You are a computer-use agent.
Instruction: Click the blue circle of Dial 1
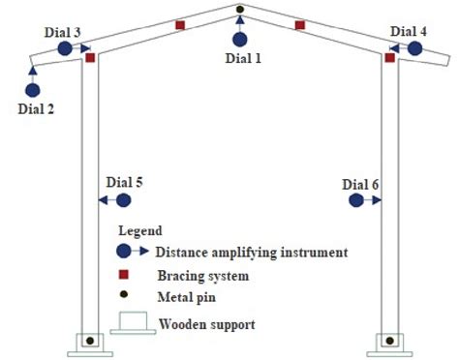[x=240, y=40]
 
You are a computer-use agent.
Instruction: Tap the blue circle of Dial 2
[x=33, y=88]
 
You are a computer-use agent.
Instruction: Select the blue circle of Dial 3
[x=65, y=47]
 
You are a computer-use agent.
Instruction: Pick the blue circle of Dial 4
[x=415, y=47]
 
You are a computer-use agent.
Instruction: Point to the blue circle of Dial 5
[x=123, y=200]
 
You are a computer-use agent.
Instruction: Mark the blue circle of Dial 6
[x=356, y=200]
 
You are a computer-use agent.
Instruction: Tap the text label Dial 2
[x=36, y=108]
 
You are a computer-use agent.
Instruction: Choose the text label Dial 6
[x=360, y=182]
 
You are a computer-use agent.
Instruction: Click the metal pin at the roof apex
[x=240, y=11]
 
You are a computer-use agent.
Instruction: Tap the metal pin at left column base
[x=89, y=341]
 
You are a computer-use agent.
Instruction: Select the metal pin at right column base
[x=390, y=341]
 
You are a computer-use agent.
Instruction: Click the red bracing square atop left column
[x=90, y=58]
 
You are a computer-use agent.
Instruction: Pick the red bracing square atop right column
[x=389, y=58]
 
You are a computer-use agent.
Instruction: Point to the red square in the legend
[x=124, y=276]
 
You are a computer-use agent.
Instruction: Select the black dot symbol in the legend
[x=124, y=298]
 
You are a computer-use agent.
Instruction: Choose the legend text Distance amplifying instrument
[x=251, y=253]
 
